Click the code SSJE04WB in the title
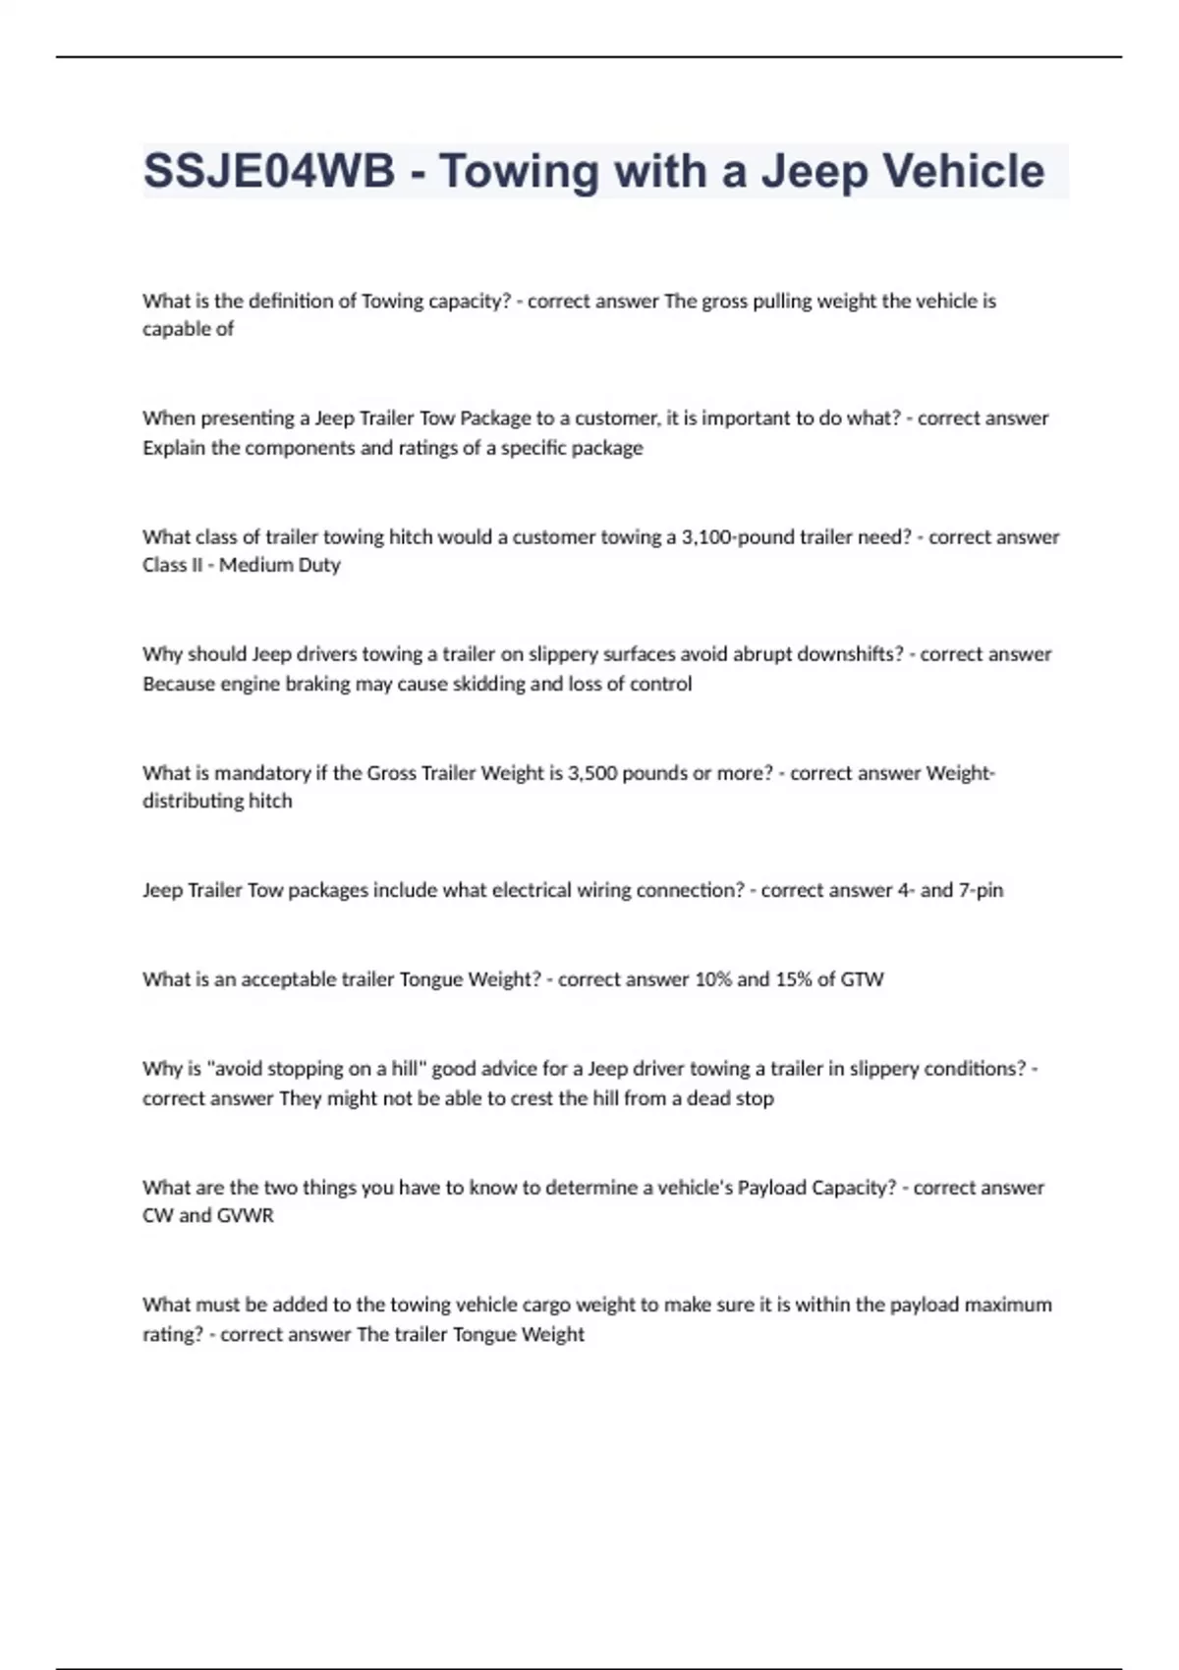click(x=268, y=172)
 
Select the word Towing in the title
click(x=518, y=172)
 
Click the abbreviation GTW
click(x=863, y=979)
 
